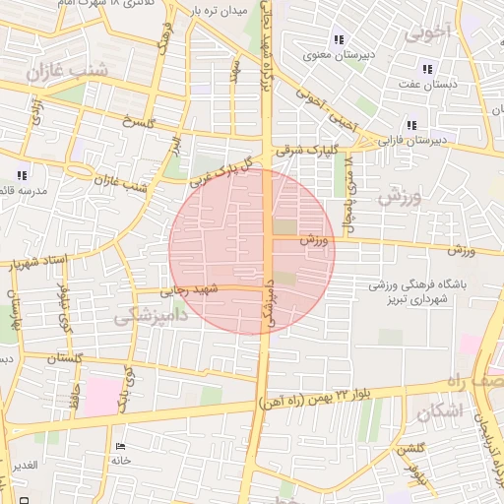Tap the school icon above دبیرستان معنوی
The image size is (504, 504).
pyautogui.click(x=339, y=40)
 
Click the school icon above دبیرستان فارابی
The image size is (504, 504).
pyautogui.click(x=410, y=125)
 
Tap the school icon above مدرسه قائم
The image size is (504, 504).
pyautogui.click(x=22, y=174)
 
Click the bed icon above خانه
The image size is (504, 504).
pyautogui.click(x=121, y=447)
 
